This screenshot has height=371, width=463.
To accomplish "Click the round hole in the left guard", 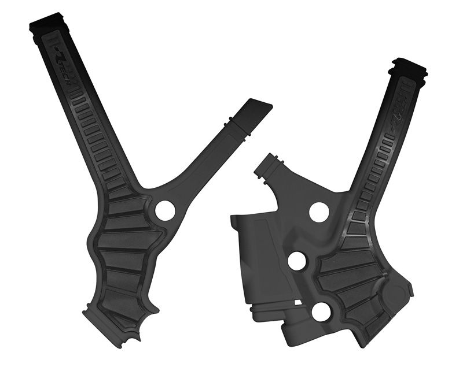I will [165, 210].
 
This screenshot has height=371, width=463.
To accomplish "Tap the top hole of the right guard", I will [319, 212].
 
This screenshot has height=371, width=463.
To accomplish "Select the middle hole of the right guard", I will [297, 261].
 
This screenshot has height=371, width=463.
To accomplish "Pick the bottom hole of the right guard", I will [321, 311].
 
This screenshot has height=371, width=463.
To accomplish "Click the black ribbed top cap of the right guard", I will [409, 69].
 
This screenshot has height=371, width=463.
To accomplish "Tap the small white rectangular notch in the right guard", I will [297, 302].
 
